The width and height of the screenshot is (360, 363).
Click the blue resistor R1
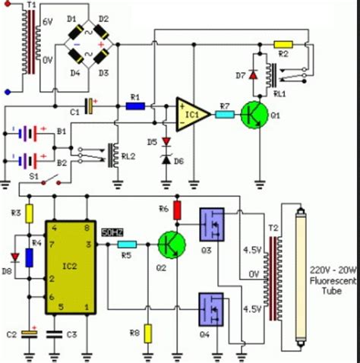[x=135, y=106]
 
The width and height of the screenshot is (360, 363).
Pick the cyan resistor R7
[x=224, y=114]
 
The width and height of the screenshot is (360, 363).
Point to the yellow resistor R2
[x=283, y=45]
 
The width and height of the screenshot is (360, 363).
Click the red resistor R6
[x=178, y=210]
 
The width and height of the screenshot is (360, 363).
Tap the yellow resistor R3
[x=29, y=213]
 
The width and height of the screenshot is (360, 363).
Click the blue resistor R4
[x=29, y=256]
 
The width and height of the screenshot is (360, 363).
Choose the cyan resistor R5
[x=127, y=245]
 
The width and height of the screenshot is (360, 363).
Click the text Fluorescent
[x=330, y=277]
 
